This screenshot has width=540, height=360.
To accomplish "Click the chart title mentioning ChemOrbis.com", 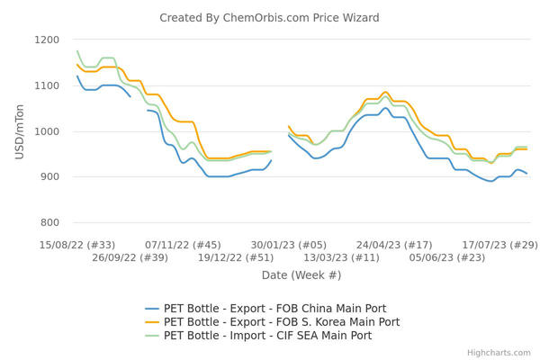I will pos(269,18).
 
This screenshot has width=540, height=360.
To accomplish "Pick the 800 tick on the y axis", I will pos(47,223).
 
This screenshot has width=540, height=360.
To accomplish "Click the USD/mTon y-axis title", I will pos(20,131).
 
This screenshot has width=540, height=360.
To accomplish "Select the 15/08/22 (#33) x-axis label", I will pos(77,245).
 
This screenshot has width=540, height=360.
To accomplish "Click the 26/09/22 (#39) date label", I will pos(130,257).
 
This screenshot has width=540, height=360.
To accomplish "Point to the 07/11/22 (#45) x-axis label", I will pos(183,245).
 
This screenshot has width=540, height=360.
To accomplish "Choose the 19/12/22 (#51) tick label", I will pos(236,257).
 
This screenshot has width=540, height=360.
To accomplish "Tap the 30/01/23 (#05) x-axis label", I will pos(288,245).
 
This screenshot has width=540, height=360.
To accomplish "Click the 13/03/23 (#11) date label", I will pos(341,257).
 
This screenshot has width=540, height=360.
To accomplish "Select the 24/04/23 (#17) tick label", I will pos(394,245).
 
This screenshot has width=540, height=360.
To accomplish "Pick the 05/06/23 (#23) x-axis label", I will pos(447,257).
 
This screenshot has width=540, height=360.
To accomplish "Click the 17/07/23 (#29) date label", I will pos(499,245).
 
